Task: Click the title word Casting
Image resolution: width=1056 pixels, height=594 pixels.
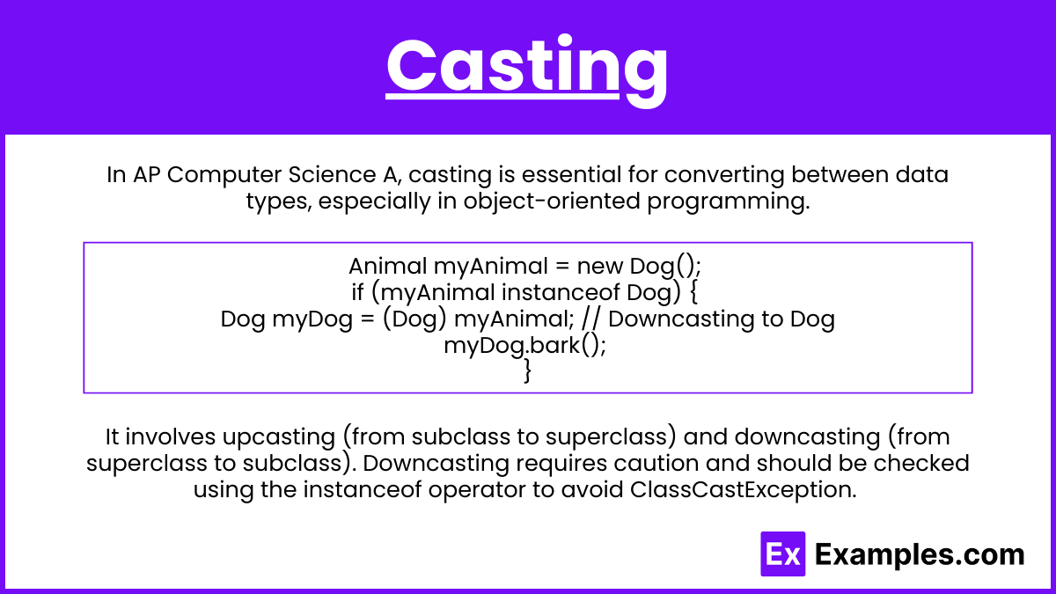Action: point(526,70)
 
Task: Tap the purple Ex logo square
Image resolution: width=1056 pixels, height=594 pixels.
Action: point(782,554)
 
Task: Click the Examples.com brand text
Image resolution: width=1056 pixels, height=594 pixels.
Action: point(920,554)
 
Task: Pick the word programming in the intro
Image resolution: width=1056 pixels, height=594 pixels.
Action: point(729,202)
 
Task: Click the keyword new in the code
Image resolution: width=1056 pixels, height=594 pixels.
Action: point(600,267)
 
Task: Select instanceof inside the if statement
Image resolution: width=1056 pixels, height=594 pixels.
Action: point(561,292)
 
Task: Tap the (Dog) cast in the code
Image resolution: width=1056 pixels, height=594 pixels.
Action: point(414,319)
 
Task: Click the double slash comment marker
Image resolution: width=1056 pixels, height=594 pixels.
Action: point(590,319)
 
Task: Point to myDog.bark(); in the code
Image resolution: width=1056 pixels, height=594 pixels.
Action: point(525,346)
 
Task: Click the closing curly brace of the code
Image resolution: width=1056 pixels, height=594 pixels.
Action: point(528,371)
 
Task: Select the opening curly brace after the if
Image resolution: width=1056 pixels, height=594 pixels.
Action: point(693,292)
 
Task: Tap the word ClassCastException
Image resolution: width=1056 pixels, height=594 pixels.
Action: point(743,490)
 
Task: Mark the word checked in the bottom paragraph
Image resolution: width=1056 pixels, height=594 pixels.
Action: point(921,463)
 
